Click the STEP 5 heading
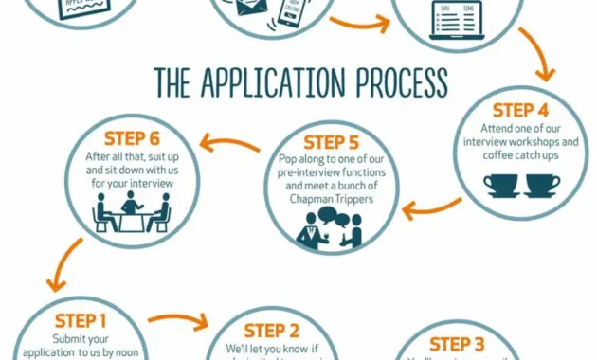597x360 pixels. coord(324,142)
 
